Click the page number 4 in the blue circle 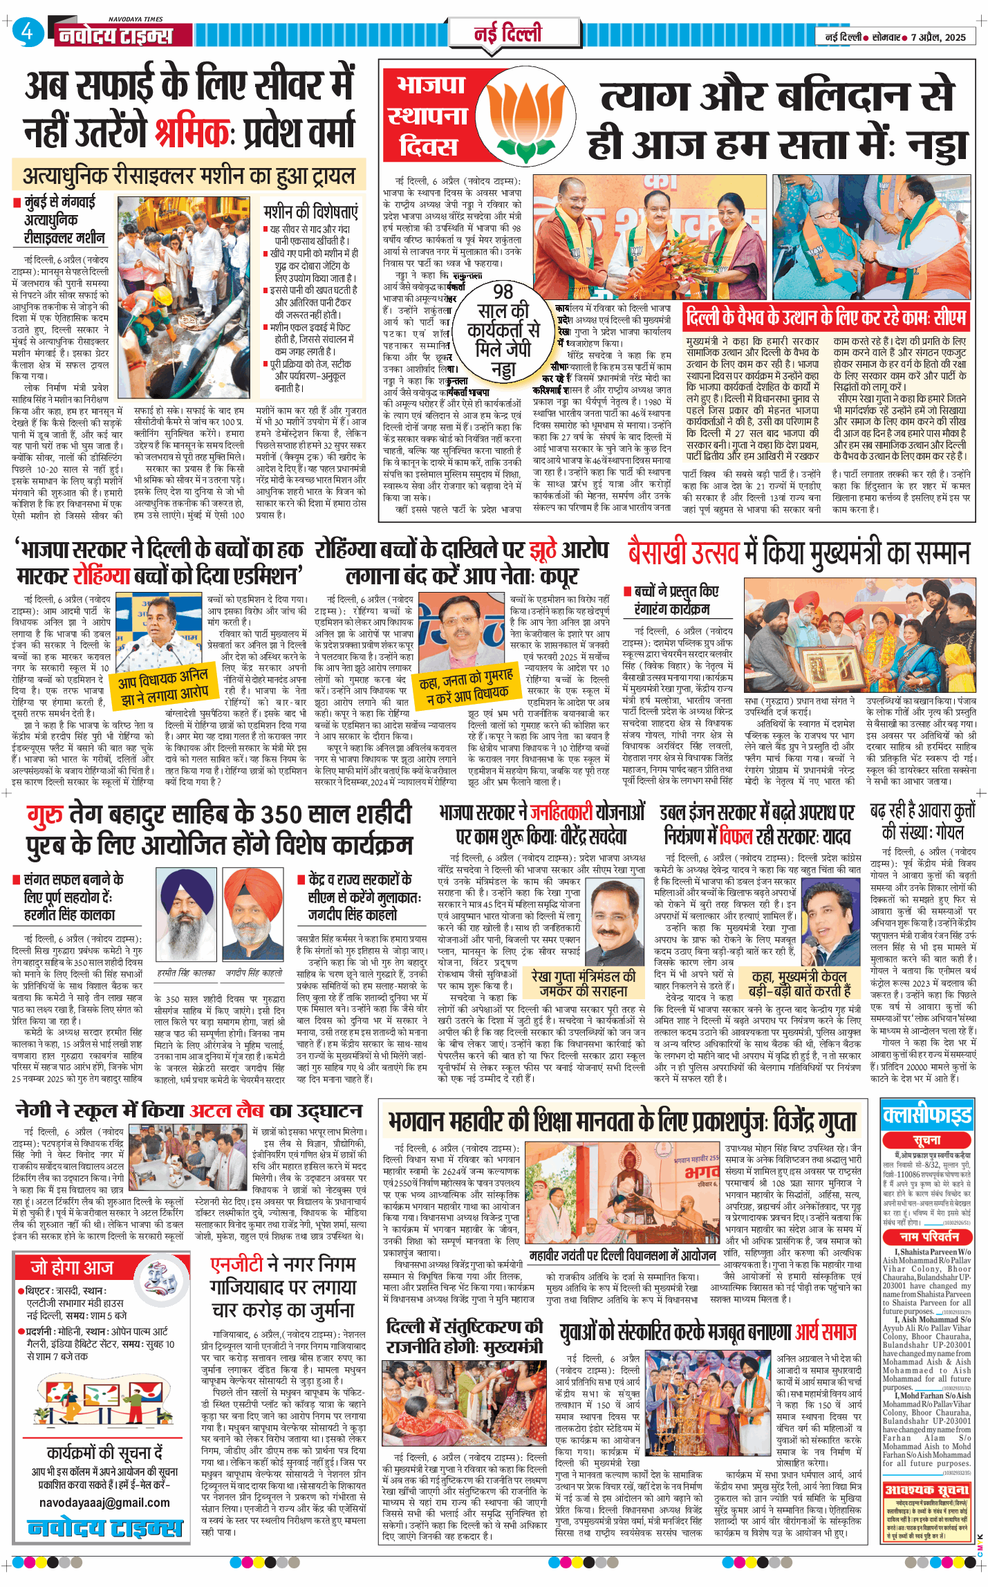tap(27, 32)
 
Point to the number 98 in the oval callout tap(503, 291)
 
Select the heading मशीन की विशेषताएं tap(310, 211)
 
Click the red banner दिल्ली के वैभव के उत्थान tap(826, 317)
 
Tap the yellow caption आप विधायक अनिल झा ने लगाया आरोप tap(163, 684)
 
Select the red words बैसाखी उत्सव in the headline tap(682, 553)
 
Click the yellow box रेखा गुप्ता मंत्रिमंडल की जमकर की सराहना tap(583, 983)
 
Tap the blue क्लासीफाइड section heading tap(927, 1115)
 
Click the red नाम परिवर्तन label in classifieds tap(927, 1236)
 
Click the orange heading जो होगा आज tap(71, 1267)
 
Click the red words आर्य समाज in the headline tap(825, 1331)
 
